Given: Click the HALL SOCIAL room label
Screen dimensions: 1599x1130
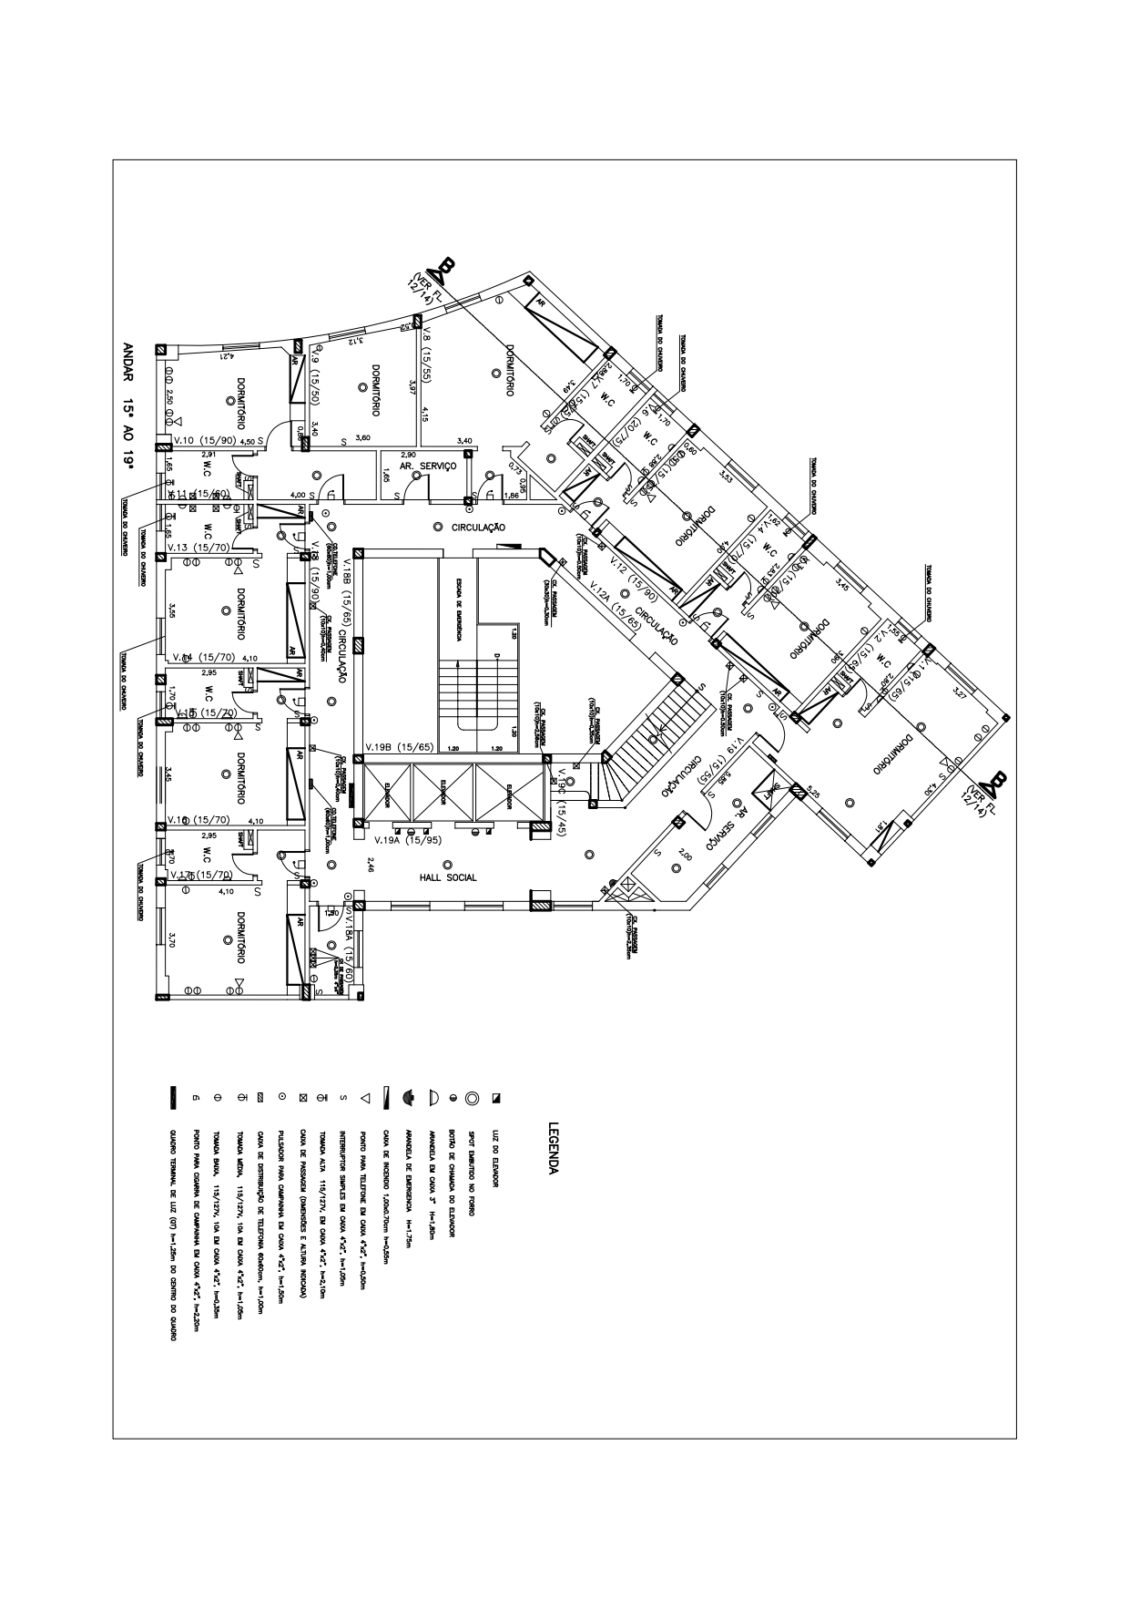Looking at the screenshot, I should [448, 878].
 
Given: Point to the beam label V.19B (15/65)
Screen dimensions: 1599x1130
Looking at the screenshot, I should [399, 747].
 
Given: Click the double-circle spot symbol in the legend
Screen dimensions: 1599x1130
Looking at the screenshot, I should [472, 1099].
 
